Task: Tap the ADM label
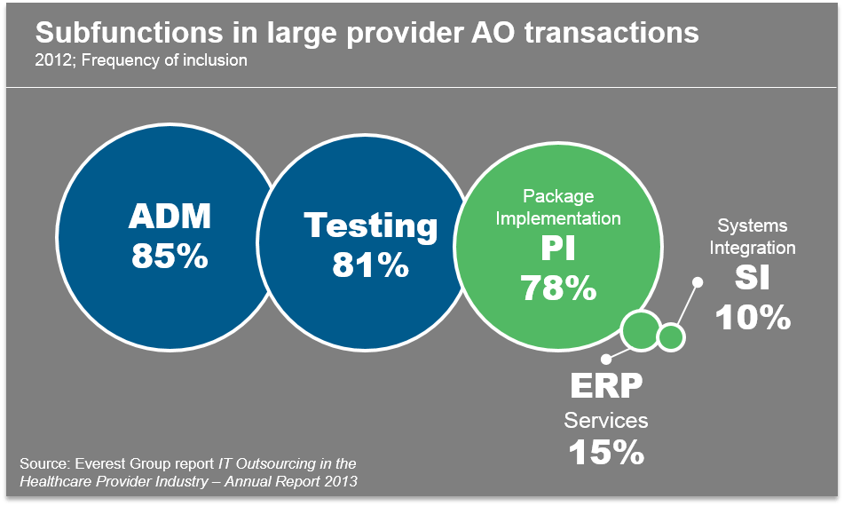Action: [170, 217]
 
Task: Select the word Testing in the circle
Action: [371, 225]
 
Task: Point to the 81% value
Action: [371, 265]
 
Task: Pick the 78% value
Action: [557, 288]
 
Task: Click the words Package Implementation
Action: [557, 207]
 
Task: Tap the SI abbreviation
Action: [753, 280]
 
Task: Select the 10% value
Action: [753, 317]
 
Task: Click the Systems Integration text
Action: [753, 236]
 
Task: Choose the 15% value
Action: [606, 453]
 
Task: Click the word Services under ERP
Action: [606, 420]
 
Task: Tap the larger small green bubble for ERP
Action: [639, 330]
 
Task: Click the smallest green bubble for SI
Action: [671, 336]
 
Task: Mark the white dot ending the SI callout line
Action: [698, 282]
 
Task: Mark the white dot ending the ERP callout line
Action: [606, 360]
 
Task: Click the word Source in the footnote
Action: [43, 464]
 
